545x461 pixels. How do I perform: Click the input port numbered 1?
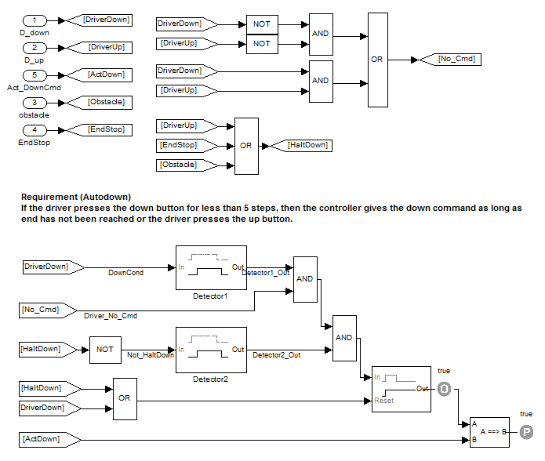click(35, 20)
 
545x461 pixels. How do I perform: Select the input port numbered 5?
click(35, 74)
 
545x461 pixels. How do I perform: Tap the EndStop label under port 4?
click(35, 143)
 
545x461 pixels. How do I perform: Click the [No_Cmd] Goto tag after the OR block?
click(448, 59)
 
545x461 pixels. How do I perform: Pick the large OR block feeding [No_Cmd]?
click(377, 60)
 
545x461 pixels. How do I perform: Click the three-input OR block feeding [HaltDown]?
click(246, 145)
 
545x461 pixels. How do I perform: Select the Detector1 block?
click(211, 267)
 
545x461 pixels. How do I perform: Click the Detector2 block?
click(211, 350)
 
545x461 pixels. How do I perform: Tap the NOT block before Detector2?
click(104, 349)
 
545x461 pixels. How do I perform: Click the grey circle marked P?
click(527, 430)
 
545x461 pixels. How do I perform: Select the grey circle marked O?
click(444, 388)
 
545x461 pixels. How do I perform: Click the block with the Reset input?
click(401, 389)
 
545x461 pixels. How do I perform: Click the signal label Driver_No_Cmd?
click(111, 316)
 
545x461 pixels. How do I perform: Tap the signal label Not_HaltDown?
click(150, 355)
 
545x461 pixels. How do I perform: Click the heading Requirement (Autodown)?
click(76, 197)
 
